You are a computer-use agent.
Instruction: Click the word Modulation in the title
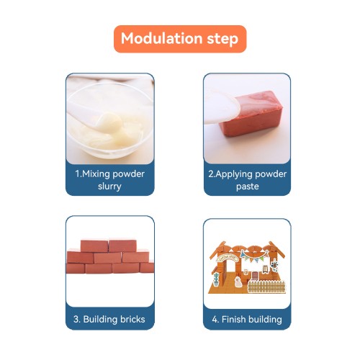point(162,38)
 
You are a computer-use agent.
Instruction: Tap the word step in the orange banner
point(222,40)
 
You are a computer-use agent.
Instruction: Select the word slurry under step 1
point(109,186)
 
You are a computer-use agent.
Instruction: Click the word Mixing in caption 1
point(96,174)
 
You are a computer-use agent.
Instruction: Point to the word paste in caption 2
point(248,186)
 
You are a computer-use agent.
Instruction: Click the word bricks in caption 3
point(132,319)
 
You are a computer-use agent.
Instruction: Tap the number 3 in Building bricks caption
point(76,320)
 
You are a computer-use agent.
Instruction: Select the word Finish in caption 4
point(234,320)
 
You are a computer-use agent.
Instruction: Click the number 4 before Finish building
point(215,320)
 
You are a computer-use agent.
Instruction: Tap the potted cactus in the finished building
point(216,279)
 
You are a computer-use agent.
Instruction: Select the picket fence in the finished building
point(266,287)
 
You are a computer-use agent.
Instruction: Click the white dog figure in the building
point(238,282)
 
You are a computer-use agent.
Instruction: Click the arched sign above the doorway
point(228,258)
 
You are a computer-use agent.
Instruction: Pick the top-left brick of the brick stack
point(94,246)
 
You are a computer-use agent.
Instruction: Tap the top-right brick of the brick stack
point(122,246)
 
